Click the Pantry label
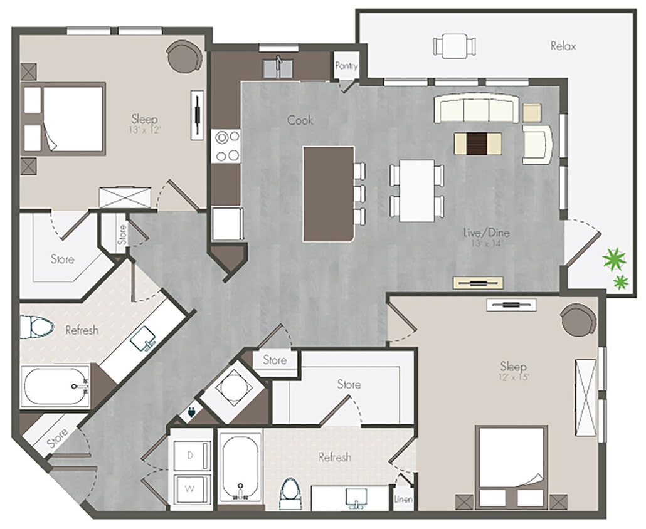click(346, 65)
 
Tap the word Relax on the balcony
click(563, 46)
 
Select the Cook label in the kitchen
click(300, 120)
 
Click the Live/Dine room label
click(486, 233)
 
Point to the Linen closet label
click(403, 500)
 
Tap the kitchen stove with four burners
click(226, 145)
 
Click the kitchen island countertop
click(329, 193)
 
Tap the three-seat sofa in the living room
click(477, 110)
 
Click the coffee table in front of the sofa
click(479, 142)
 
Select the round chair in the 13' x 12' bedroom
click(184, 56)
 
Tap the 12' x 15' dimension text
click(512, 378)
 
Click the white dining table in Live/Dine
click(417, 190)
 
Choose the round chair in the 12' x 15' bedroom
click(578, 320)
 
